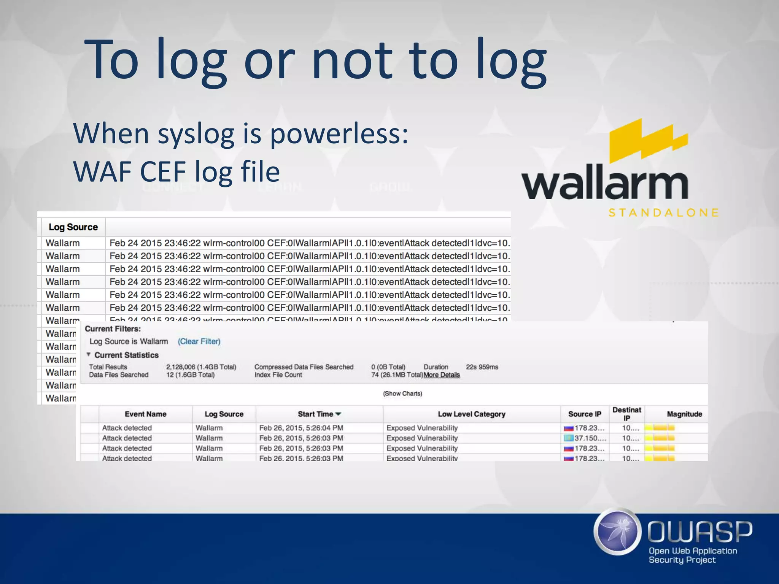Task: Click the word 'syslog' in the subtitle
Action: coord(196,134)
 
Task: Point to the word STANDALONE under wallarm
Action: coord(663,213)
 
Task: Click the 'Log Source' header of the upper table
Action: coord(73,227)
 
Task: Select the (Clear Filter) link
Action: coord(199,341)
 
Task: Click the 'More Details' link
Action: coord(442,375)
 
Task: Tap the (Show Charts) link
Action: coord(402,394)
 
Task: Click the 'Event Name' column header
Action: coord(145,414)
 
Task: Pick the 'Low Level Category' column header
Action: coord(471,414)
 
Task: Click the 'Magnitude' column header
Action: coord(684,414)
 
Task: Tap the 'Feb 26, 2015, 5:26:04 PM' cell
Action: coord(301,428)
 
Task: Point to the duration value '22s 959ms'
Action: coord(482,367)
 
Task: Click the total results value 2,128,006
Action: coord(181,367)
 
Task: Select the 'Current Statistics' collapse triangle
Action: coord(88,354)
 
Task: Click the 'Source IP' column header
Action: coord(585,414)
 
